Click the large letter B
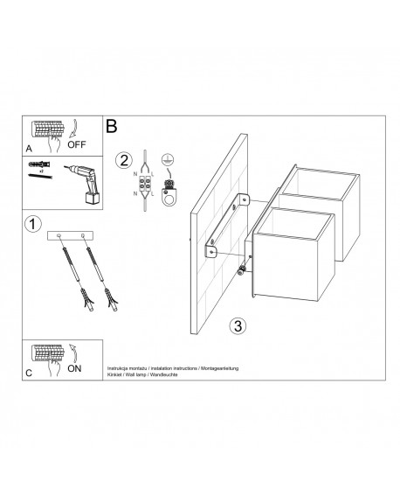112,127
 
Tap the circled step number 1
33,225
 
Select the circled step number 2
125,160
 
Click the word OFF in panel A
79,146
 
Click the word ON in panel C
76,369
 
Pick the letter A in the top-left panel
31,149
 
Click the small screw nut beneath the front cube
240,273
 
